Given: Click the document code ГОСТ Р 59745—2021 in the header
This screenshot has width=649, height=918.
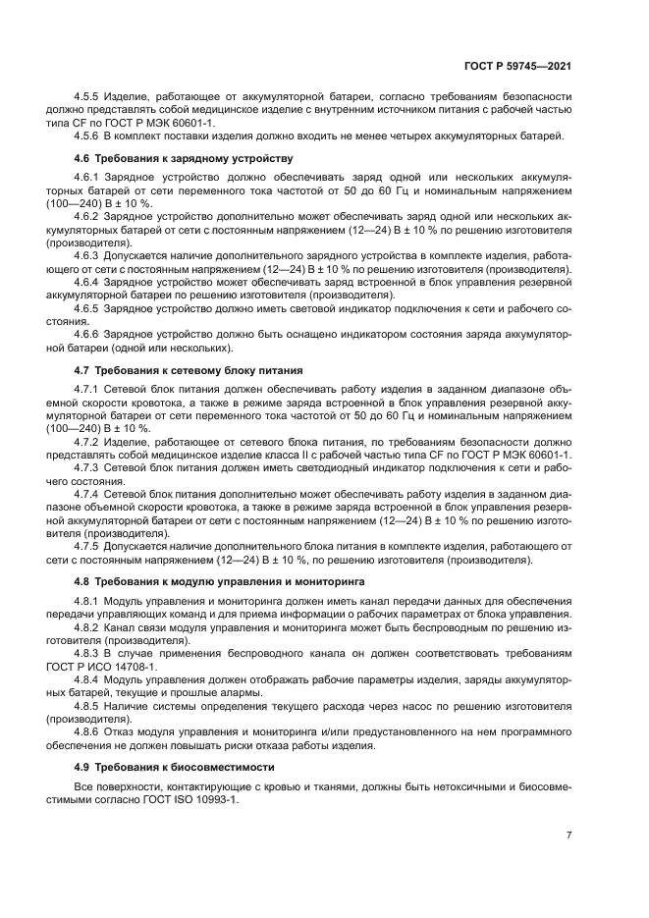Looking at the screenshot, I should coord(516,66).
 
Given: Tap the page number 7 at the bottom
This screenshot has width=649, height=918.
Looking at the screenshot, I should coord(568,835).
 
